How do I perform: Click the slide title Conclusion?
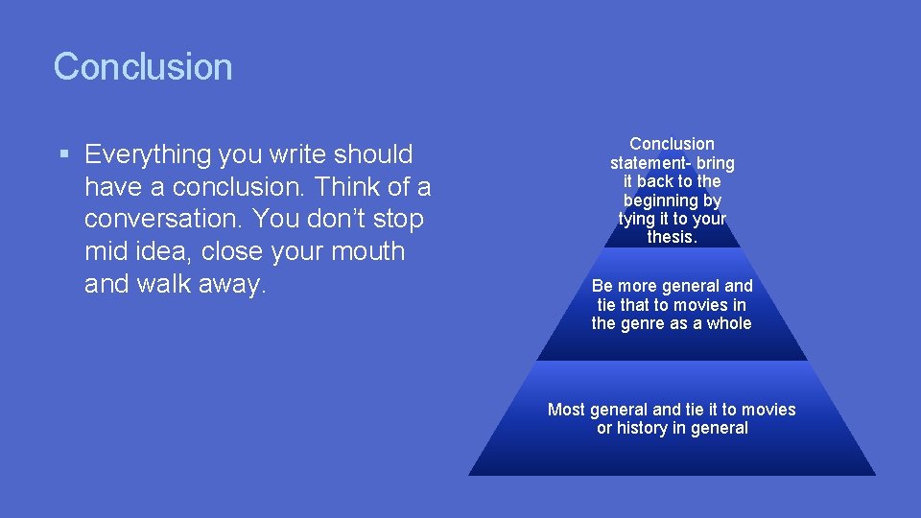(143, 67)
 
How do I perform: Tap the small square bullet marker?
(63, 154)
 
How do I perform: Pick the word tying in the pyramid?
(639, 219)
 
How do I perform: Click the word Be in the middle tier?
(602, 286)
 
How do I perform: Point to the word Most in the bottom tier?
(566, 410)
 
